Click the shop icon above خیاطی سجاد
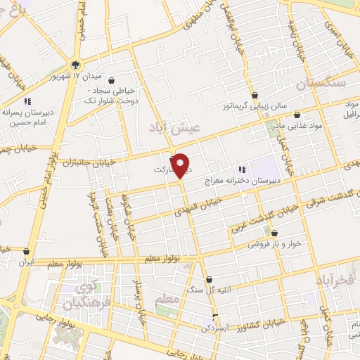pyautogui.click(x=131, y=81)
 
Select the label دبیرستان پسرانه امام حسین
pyautogui.click(x=27, y=117)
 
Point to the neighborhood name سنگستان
pyautogui.click(x=321, y=84)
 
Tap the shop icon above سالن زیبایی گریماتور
pyautogui.click(x=255, y=95)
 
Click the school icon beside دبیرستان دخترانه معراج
pyautogui.click(x=241, y=169)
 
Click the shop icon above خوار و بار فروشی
pyautogui.click(x=274, y=233)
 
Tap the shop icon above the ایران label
pyautogui.click(x=27, y=250)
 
